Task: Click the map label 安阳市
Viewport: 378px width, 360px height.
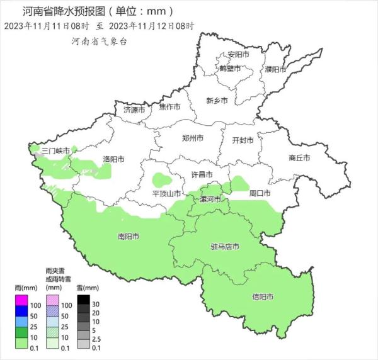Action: coord(239,55)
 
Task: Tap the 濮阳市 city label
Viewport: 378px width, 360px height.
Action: coord(276,69)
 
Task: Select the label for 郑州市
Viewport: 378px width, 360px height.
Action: coord(192,138)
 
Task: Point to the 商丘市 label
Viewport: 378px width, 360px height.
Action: coord(299,157)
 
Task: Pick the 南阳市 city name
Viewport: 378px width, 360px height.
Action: coord(129,237)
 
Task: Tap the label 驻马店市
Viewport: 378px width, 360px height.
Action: coord(224,247)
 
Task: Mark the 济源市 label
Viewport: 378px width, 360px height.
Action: coord(134,110)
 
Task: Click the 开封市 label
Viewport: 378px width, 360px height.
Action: coord(243,140)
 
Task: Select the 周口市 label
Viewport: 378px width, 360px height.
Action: coord(260,193)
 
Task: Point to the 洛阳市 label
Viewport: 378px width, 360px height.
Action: coord(113,159)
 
